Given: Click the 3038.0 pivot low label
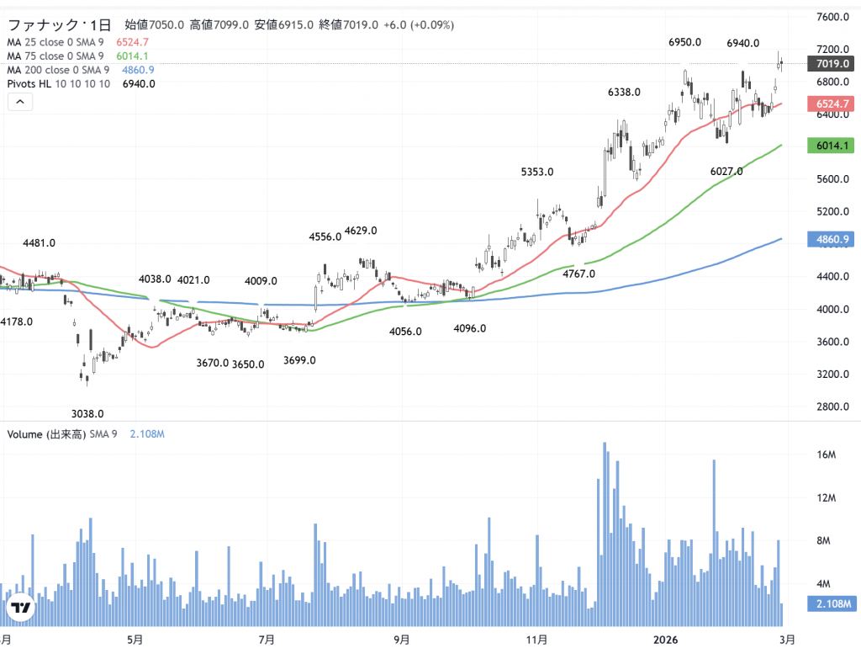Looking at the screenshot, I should (x=87, y=413).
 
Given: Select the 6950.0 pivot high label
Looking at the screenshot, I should (x=685, y=42).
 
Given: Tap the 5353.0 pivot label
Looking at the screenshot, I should (x=537, y=172).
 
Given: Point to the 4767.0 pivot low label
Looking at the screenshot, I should (x=578, y=274).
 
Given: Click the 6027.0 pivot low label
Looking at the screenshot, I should (x=726, y=172).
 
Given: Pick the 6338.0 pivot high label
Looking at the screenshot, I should (x=624, y=93).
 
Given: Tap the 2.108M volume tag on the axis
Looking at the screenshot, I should (x=831, y=604).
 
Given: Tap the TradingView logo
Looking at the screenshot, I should (x=21, y=608).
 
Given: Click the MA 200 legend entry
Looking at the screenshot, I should (x=58, y=70).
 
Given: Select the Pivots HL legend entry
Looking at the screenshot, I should (x=60, y=84).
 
